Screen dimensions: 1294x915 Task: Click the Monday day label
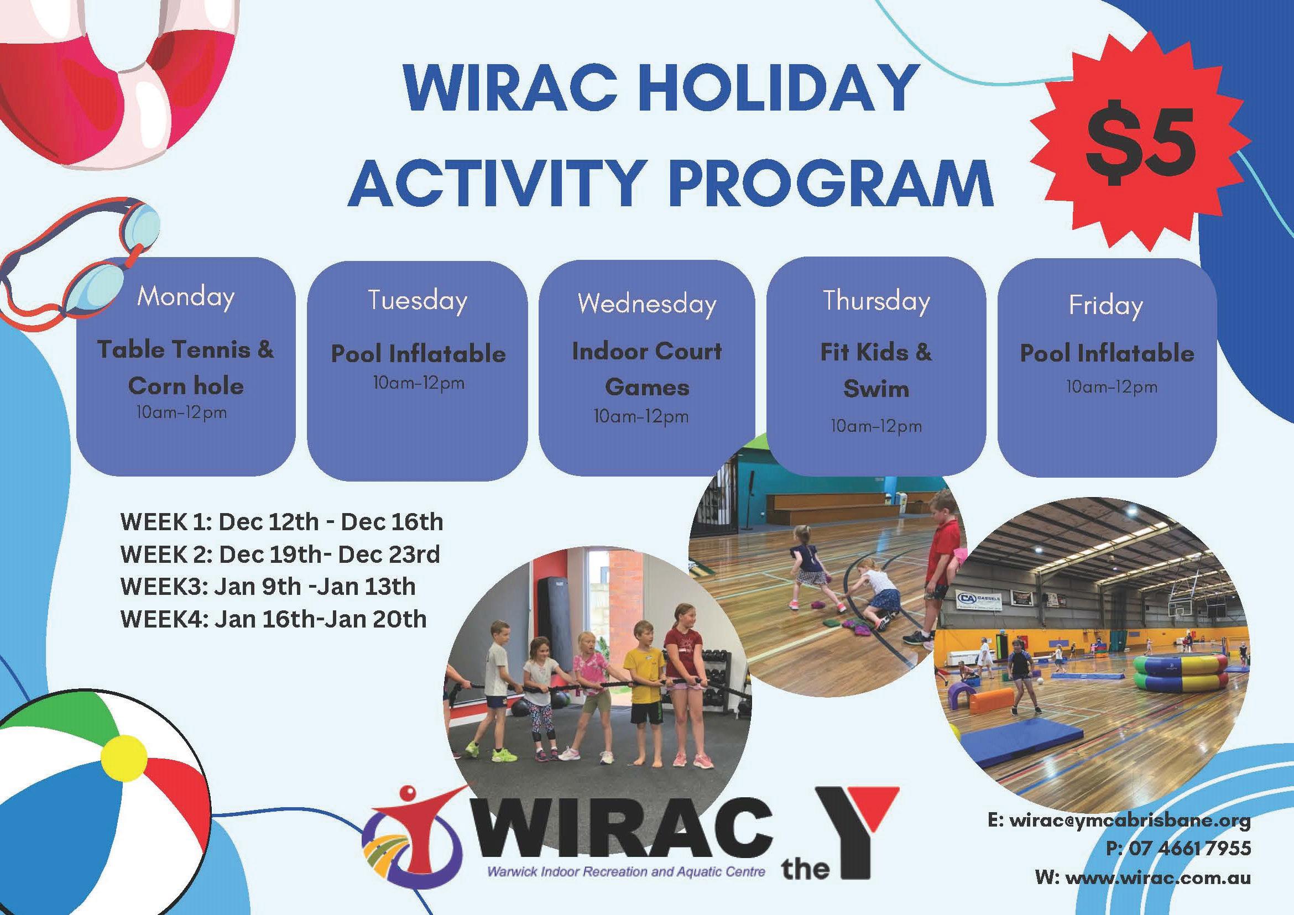pyautogui.click(x=185, y=296)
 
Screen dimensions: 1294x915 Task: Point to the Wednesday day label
pyautogui.click(x=647, y=304)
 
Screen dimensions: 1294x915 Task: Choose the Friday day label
pyautogui.click(x=1106, y=306)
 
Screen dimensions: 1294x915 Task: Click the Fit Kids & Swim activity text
pyautogui.click(x=876, y=370)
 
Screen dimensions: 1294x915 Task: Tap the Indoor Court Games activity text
pyautogui.click(x=647, y=369)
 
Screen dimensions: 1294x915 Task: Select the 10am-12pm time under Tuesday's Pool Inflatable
pyautogui.click(x=419, y=384)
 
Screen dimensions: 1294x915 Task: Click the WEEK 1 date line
pyautogui.click(x=282, y=522)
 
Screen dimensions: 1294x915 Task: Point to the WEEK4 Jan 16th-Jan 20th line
pyautogui.click(x=273, y=619)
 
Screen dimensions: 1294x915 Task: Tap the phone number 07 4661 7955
pyautogui.click(x=1178, y=848)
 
